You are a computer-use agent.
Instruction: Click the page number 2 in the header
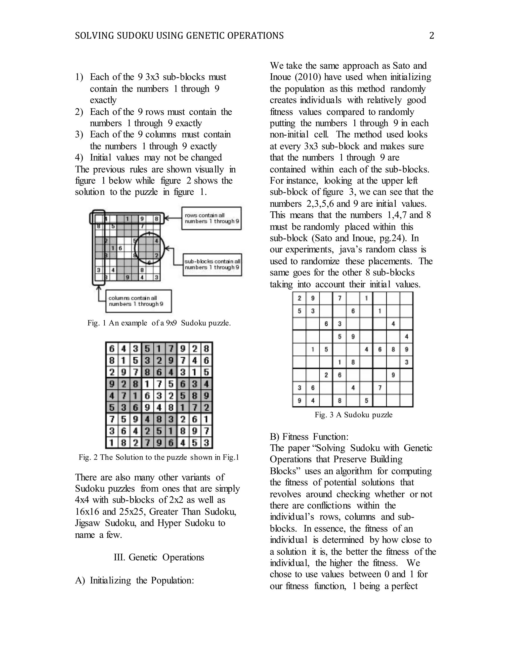[x=431, y=36]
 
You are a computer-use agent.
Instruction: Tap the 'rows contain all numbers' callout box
[x=212, y=218]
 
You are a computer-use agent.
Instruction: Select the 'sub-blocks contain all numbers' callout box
[x=212, y=264]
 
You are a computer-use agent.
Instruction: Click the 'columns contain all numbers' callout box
[x=138, y=301]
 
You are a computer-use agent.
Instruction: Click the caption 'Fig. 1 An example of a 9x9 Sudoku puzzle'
[x=159, y=323]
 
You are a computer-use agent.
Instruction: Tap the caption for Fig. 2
[x=159, y=457]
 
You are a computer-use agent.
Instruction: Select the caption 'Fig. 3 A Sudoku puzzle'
[x=353, y=415]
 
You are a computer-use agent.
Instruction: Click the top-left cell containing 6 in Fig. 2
[x=112, y=349]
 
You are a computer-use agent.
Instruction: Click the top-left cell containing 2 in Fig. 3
[x=299, y=298]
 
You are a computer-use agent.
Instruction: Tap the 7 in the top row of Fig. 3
[x=339, y=298]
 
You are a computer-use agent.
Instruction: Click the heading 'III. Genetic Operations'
[x=159, y=557]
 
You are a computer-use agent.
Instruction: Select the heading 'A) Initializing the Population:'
[x=134, y=580]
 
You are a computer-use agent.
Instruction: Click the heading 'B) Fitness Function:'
[x=309, y=437]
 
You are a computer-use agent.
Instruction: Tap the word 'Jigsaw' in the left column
[x=87, y=523]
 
